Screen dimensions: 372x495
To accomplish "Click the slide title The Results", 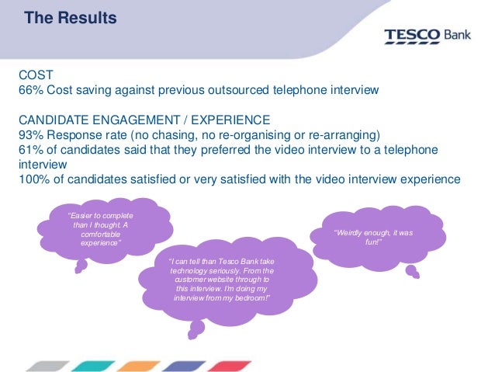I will (71, 16).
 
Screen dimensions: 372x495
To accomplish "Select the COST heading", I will (35, 75).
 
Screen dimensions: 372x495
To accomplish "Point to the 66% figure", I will (30, 90).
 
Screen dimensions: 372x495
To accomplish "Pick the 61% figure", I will (30, 148).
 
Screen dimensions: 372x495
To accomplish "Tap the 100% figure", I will (34, 179).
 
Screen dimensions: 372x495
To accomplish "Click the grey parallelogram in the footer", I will (46, 364).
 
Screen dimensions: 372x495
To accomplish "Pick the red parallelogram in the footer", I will (230, 364).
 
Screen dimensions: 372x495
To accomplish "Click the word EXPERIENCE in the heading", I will (233, 120).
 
